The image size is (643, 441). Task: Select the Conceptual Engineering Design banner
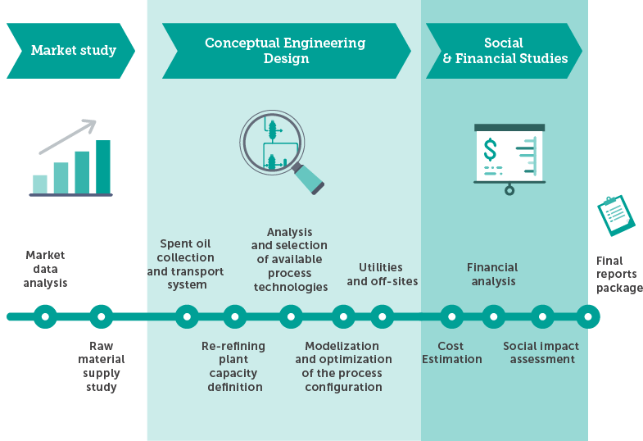click(x=286, y=51)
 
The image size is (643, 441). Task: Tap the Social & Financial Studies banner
click(x=504, y=51)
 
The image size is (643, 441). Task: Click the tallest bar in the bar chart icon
click(x=103, y=166)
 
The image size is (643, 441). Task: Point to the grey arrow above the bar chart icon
click(x=68, y=136)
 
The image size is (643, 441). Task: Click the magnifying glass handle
click(x=308, y=179)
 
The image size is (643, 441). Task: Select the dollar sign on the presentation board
click(x=490, y=149)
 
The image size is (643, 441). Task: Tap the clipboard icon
click(x=616, y=216)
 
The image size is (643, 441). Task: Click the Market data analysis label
click(x=45, y=269)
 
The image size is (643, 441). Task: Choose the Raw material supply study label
click(x=102, y=366)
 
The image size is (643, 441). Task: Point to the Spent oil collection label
click(x=185, y=264)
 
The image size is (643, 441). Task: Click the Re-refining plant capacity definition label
click(x=233, y=366)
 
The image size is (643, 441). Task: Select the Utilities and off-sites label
click(x=383, y=275)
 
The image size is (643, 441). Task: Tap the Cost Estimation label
click(x=452, y=352)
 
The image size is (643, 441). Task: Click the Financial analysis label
click(x=492, y=275)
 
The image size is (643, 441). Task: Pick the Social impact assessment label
click(x=541, y=352)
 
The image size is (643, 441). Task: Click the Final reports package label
click(x=619, y=275)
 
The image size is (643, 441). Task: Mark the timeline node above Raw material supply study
click(x=102, y=316)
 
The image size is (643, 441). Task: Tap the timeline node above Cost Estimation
click(x=452, y=316)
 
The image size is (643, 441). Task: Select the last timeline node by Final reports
click(x=588, y=316)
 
